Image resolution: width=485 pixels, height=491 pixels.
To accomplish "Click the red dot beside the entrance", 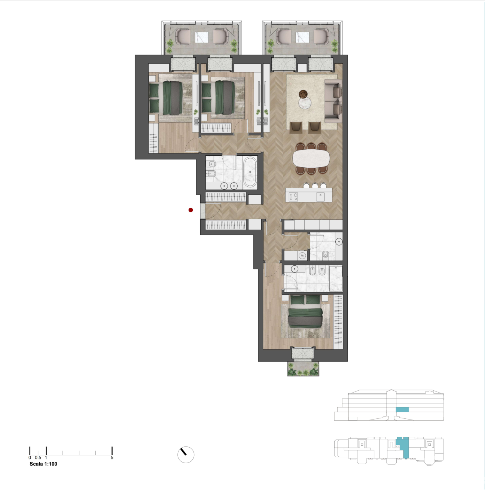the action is pyautogui.click(x=190, y=210).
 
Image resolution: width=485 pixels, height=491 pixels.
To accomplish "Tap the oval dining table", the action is pyautogui.click(x=311, y=158).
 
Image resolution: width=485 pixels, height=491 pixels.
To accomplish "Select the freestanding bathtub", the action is pyautogui.click(x=250, y=172).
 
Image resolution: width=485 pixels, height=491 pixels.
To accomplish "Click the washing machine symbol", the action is pyautogui.click(x=302, y=255).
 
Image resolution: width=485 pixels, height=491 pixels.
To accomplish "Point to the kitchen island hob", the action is pyautogui.click(x=293, y=197).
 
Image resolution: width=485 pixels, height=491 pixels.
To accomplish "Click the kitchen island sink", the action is pyautogui.click(x=320, y=197).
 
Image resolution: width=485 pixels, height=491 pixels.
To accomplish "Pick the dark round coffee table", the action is pyautogui.click(x=303, y=94).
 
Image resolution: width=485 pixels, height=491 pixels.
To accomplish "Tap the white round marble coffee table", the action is pyautogui.click(x=305, y=103).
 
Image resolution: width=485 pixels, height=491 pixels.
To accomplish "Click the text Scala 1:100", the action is pyautogui.click(x=43, y=464).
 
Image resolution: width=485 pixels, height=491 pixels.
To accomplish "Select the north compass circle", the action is pyautogui.click(x=186, y=455).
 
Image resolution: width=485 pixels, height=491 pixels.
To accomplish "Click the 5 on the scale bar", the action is pyautogui.click(x=112, y=458).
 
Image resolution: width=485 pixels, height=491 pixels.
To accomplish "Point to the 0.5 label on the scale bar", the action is pyautogui.click(x=38, y=458).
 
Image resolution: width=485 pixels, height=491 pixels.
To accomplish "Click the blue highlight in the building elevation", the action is pyautogui.click(x=402, y=409).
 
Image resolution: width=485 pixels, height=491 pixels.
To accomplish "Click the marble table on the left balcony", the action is pyautogui.click(x=202, y=37).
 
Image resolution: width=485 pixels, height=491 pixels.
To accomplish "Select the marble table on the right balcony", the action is pyautogui.click(x=302, y=37).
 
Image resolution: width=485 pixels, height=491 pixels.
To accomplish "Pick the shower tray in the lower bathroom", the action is pyautogui.click(x=336, y=278).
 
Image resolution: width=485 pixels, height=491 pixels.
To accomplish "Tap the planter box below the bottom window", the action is pyautogui.click(x=303, y=369).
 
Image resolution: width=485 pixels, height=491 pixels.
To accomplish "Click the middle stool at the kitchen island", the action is pyautogui.click(x=315, y=186).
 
